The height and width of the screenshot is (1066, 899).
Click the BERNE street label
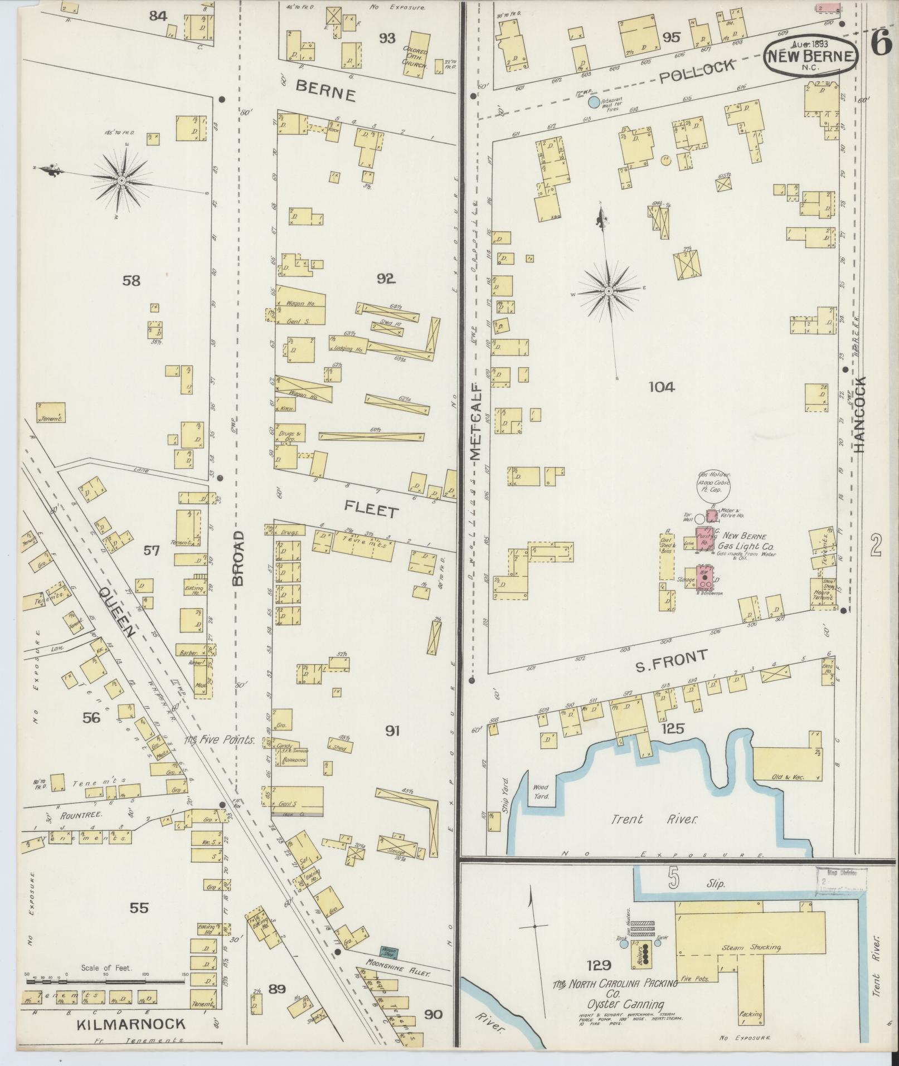click(325, 90)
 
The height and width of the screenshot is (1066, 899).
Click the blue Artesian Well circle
click(594, 102)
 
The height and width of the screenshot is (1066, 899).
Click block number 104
click(662, 387)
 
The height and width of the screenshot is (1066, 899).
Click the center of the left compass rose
click(121, 181)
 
